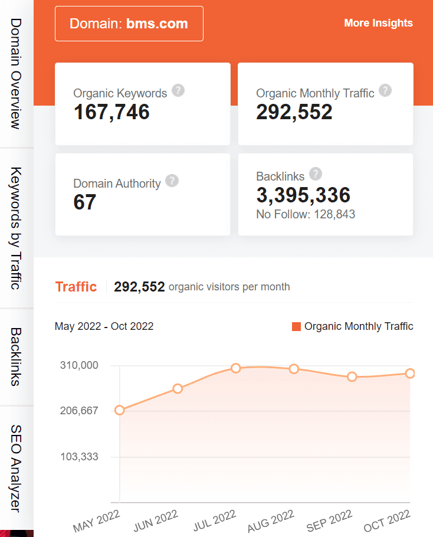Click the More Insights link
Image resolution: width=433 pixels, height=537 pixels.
(378, 23)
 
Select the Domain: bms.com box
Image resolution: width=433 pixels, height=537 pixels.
(129, 24)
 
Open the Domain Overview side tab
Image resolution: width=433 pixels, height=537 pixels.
(17, 74)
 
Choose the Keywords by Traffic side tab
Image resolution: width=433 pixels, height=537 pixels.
(17, 228)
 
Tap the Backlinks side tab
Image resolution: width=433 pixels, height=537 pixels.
(17, 356)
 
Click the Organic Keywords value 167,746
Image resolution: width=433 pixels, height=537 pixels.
(111, 112)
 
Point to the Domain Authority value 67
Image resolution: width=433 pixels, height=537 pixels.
(85, 202)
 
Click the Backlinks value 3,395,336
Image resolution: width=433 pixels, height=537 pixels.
(303, 195)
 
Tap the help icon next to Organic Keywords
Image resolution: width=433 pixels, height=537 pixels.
(178, 91)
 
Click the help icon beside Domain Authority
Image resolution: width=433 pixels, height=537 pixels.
(172, 181)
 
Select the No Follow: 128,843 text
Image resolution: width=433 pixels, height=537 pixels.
(306, 214)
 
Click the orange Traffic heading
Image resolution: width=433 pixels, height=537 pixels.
(76, 287)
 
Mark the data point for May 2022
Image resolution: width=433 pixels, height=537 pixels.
(120, 410)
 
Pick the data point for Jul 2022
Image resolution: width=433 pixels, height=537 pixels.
(236, 368)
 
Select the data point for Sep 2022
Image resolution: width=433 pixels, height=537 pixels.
(352, 376)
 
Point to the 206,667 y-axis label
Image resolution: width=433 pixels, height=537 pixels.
(79, 411)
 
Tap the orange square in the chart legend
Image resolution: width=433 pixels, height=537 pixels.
(297, 326)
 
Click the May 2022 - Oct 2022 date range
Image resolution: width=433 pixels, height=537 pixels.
(104, 326)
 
